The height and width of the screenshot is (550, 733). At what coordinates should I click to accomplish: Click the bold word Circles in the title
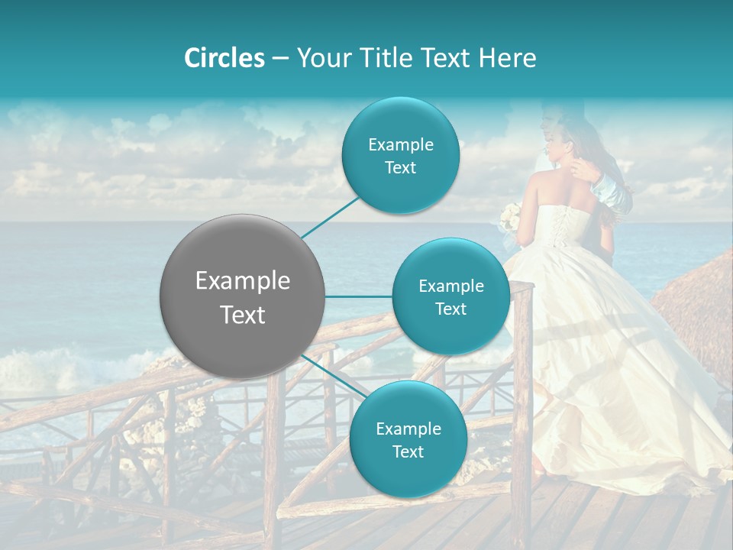coord(224,58)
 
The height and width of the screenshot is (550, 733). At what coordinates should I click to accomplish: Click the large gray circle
coord(242,296)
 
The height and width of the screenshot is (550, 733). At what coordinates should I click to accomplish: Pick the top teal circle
coord(400,156)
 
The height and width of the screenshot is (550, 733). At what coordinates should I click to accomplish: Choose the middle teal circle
coord(450,296)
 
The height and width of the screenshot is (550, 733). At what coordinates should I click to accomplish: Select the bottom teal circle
coord(408,439)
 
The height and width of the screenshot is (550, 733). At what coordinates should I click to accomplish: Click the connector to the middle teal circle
coord(358,296)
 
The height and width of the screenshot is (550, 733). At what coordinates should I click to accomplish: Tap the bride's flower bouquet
coord(510,218)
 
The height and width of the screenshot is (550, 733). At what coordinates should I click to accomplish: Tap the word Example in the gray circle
coord(242,281)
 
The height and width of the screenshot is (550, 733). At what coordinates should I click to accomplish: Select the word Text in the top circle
coord(400,168)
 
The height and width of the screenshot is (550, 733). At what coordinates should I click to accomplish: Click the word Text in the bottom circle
coord(408,451)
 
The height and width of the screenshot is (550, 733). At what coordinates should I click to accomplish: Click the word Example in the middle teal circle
coord(450,286)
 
